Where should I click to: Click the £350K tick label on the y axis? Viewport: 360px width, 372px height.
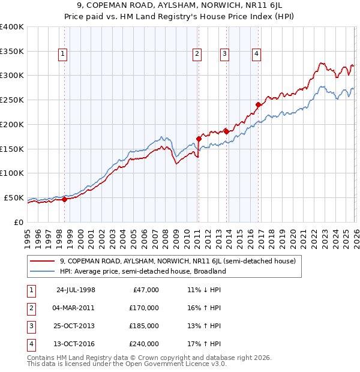tap(11, 52)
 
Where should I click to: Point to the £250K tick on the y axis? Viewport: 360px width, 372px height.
tap(11, 100)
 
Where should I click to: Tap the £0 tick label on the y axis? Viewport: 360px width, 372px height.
tap(17, 222)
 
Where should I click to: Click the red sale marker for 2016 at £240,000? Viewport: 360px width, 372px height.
tap(258, 104)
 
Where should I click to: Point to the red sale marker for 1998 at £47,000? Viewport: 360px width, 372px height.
tap(64, 199)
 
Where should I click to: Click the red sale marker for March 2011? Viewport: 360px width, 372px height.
tap(198, 139)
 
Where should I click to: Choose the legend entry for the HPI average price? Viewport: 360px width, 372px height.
tap(142, 271)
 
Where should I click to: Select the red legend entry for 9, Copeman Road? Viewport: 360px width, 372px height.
tap(178, 261)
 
